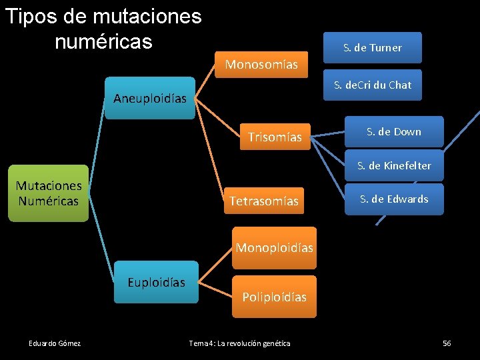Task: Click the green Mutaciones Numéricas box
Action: pyautogui.click(x=48, y=193)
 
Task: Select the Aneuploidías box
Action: pyautogui.click(x=149, y=99)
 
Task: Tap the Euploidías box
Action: pyautogui.click(x=157, y=282)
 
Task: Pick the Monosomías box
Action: pyautogui.click(x=261, y=65)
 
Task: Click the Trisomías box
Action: pyautogui.click(x=275, y=137)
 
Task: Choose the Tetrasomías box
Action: pyautogui.click(x=264, y=201)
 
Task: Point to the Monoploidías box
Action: pyautogui.click(x=274, y=248)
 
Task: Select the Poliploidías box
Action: pyautogui.click(x=274, y=297)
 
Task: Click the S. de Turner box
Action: pyautogui.click(x=373, y=48)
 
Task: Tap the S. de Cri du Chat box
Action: pyautogui.click(x=373, y=85)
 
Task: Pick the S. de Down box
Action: pyautogui.click(x=393, y=132)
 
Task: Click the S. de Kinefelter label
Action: pyautogui.click(x=394, y=165)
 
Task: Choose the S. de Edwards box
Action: pyautogui.click(x=394, y=199)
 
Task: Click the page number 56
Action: pyautogui.click(x=447, y=343)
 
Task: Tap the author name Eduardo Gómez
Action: pyautogui.click(x=55, y=343)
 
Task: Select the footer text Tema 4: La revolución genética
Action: pyautogui.click(x=239, y=343)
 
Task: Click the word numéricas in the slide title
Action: pyautogui.click(x=103, y=41)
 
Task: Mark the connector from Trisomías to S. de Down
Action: pyautogui.click(x=328, y=135)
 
